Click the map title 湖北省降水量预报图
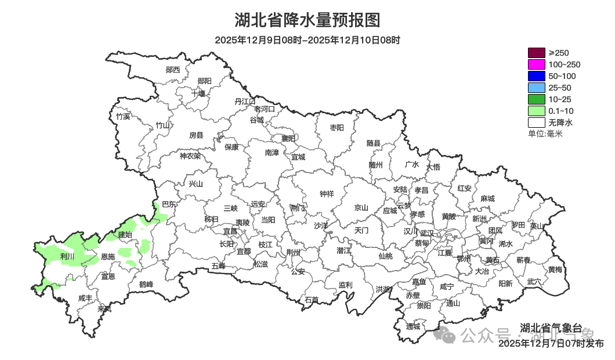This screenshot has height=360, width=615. pyautogui.click(x=307, y=20)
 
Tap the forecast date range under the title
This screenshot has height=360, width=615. pyautogui.click(x=307, y=40)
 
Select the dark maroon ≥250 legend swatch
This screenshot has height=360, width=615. pyautogui.click(x=536, y=53)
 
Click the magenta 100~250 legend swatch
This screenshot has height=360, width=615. pyautogui.click(x=536, y=64)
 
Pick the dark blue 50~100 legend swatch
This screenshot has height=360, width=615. pyautogui.click(x=536, y=76)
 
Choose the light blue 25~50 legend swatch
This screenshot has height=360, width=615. pyautogui.click(x=536, y=88)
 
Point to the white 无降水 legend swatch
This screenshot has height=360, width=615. pyautogui.click(x=536, y=123)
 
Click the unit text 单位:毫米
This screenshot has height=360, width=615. pyautogui.click(x=545, y=134)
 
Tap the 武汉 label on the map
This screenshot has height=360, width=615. pyautogui.click(x=426, y=233)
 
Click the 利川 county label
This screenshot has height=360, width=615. pyautogui.click(x=67, y=256)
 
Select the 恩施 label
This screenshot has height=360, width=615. pyautogui.click(x=108, y=256)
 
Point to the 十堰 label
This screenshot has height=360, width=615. pyautogui.click(x=198, y=93)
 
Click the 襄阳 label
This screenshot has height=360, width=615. pyautogui.click(x=288, y=138)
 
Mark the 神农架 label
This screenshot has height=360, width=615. pyautogui.click(x=190, y=156)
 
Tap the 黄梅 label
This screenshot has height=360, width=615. pyautogui.click(x=555, y=269)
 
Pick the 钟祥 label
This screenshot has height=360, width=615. pyautogui.click(x=327, y=194)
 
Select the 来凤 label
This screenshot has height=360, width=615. pyautogui.click(x=104, y=308)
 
